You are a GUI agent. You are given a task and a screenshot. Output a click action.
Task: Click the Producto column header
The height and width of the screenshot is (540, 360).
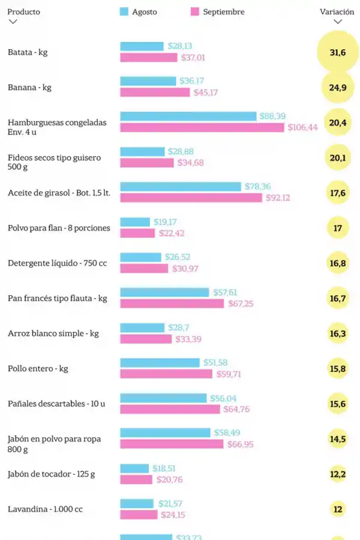(24, 12)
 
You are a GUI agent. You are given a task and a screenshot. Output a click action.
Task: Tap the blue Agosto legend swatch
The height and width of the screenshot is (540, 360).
(125, 11)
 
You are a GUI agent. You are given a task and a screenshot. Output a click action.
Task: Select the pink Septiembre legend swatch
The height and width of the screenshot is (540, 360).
(194, 11)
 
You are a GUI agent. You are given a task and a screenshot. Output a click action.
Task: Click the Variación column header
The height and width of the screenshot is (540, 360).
(337, 12)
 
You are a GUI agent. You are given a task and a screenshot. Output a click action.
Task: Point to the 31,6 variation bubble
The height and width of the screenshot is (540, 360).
(338, 53)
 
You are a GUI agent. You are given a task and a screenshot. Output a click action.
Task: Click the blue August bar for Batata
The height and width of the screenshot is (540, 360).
(142, 46)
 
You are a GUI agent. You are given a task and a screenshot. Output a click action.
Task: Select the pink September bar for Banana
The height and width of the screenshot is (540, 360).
(155, 92)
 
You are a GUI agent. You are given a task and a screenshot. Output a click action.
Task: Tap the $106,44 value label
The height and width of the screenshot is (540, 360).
(302, 127)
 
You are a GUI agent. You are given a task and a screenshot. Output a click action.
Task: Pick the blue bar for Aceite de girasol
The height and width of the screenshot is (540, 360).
(181, 187)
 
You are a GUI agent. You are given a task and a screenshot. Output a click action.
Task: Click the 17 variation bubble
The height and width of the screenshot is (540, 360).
(338, 228)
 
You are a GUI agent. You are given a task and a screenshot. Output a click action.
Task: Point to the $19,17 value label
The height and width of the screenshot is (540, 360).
(164, 222)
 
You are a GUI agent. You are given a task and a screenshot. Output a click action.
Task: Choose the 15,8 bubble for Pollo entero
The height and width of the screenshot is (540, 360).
(338, 368)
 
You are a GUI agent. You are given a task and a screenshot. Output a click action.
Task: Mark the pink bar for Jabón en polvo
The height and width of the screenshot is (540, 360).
(172, 444)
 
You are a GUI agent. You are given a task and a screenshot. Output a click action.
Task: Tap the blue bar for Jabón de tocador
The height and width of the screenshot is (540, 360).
(134, 468)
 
